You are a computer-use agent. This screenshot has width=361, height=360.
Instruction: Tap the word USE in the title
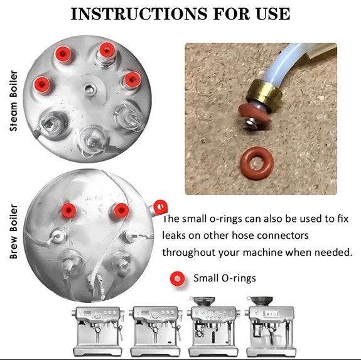pyautogui.click(x=273, y=14)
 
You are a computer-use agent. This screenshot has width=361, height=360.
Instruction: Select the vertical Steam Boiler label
pyautogui.click(x=14, y=101)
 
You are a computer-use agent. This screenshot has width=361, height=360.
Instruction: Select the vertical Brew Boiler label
pyautogui.click(x=14, y=231)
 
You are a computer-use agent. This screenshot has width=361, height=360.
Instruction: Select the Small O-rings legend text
pyautogui.click(x=225, y=278)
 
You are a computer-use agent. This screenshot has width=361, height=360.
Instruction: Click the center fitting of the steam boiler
pyautogui.click(x=89, y=88)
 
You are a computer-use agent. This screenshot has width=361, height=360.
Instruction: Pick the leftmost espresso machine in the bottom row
pyautogui.click(x=98, y=331)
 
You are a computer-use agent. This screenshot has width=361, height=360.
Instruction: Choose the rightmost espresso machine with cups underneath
pyautogui.click(x=270, y=327)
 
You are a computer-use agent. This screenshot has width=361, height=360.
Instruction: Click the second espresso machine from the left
pyautogui.click(x=156, y=331)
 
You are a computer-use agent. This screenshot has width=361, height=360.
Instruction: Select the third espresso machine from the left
pyautogui.click(x=213, y=327)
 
